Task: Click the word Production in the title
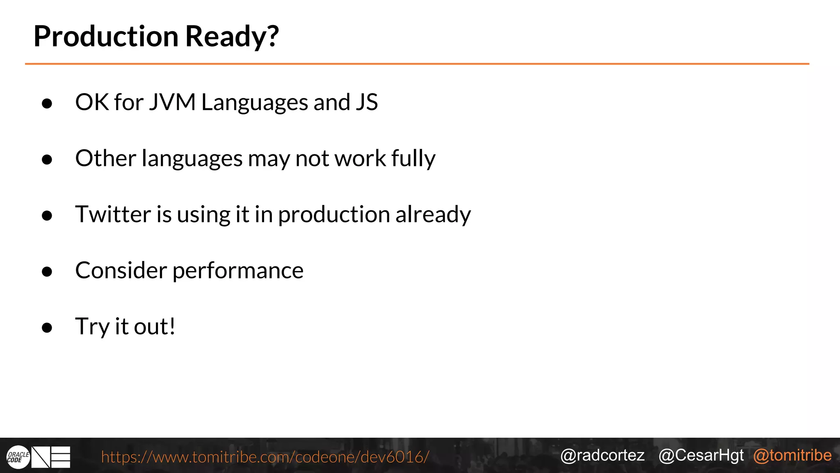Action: pos(106,36)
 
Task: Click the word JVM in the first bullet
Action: pos(172,102)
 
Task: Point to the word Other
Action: pos(105,158)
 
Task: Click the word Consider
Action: pos(121,270)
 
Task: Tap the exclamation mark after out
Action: pos(172,326)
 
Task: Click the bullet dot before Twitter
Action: pos(47,216)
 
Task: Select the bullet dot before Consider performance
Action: pos(47,271)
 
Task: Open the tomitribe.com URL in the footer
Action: pos(265,457)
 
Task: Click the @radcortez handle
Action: pos(602,455)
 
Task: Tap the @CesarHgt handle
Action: pos(701,455)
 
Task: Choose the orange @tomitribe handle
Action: pos(792,455)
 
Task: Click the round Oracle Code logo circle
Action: pos(18,457)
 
